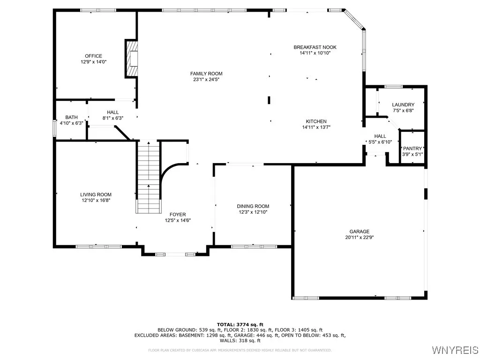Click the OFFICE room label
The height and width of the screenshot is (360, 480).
93,56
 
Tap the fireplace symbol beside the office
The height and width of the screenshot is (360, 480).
132,59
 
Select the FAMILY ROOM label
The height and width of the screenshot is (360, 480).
206,74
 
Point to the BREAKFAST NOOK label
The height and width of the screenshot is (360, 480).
315,47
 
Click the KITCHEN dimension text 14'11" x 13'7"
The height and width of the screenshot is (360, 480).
316,127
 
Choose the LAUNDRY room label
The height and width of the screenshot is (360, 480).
403,105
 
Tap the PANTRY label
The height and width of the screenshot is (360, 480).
412,148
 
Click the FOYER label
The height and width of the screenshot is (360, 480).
178,214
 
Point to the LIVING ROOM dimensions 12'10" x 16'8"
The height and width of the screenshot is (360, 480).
96,200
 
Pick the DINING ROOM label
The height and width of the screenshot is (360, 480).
253,206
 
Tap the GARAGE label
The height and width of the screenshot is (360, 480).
359,231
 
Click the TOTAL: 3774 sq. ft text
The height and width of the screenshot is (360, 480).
240,324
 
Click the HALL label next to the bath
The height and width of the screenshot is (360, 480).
112,112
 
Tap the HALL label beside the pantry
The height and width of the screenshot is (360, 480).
380,136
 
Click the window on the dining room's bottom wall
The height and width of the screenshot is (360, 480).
254,246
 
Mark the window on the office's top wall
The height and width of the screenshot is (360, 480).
98,10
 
